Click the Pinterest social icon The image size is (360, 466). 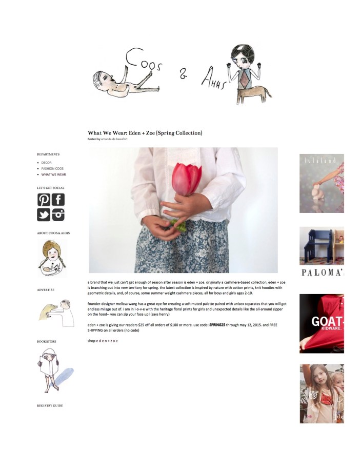44,200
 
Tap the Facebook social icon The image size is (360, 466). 58,200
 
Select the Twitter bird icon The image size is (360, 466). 44,215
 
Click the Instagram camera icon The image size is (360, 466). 58,215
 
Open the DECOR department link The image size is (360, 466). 46,163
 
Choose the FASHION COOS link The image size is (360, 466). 52,168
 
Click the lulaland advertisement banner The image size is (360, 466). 322,183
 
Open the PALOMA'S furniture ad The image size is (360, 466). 322,251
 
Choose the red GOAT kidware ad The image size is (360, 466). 322,323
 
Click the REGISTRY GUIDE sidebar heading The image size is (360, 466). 50,405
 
